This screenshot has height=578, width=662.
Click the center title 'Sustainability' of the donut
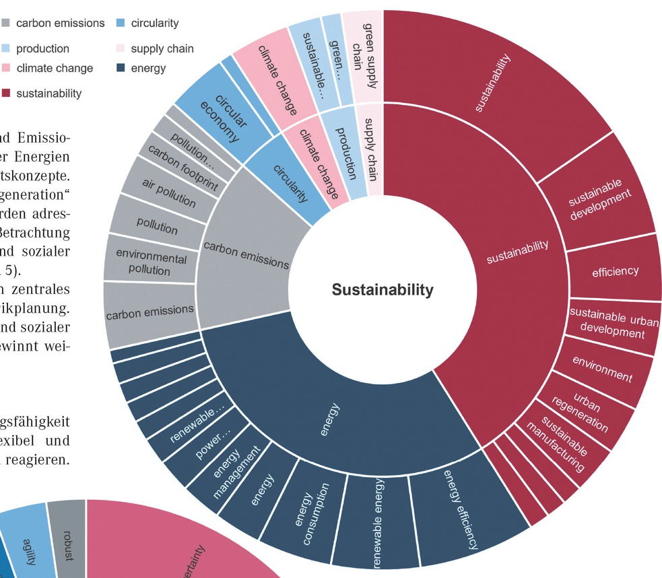[383, 290]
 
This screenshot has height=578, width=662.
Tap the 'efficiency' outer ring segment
[615, 271]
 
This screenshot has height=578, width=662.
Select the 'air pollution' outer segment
[168, 194]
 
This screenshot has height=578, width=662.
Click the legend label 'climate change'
[55, 68]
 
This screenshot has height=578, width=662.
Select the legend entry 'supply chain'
[162, 48]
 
